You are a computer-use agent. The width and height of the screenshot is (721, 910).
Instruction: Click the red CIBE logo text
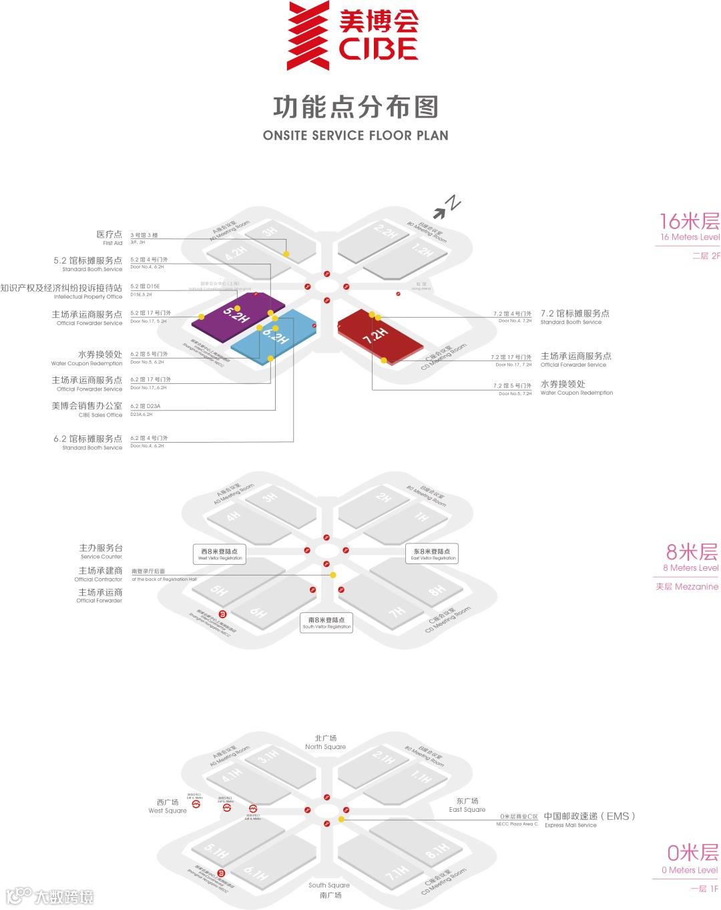coord(379,49)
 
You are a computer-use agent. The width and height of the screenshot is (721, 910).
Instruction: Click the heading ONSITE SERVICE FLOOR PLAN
coord(355,136)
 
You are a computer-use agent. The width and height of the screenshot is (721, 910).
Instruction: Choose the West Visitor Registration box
coord(220,554)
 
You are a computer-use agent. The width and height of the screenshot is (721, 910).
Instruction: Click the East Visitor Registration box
coord(433,554)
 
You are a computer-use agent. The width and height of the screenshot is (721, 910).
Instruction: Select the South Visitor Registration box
coord(326,623)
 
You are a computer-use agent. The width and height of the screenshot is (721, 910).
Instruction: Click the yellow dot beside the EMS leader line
coord(341,819)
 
